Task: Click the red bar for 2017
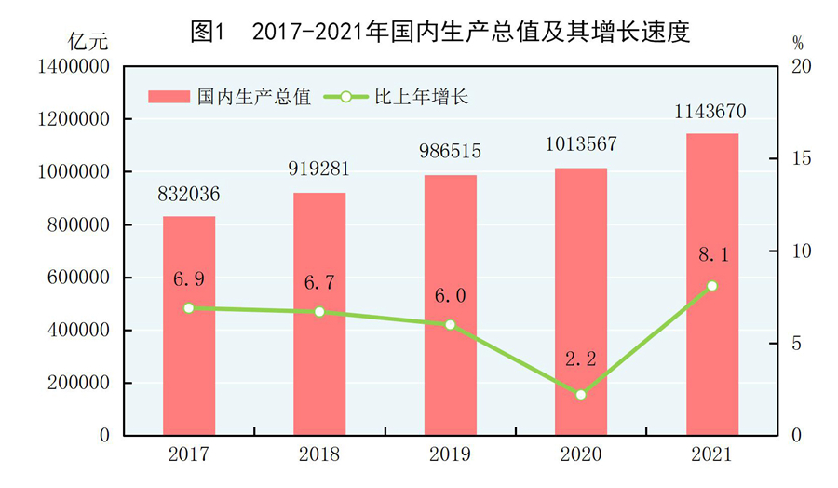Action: [189, 326]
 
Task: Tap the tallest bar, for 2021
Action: [712, 284]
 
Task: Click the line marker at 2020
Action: [581, 395]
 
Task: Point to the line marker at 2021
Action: [712, 286]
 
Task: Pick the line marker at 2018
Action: [319, 312]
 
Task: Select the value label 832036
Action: [189, 196]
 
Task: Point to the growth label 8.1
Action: [712, 251]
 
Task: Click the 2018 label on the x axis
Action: [319, 455]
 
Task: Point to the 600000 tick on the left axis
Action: [78, 278]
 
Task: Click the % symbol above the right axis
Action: [798, 42]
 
